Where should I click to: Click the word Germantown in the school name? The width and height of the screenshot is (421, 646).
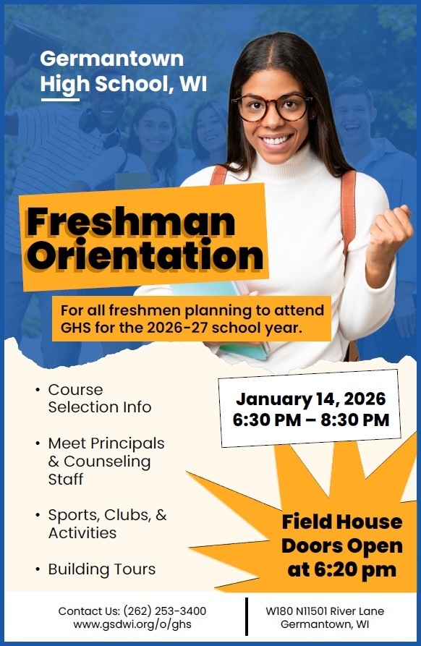(112, 59)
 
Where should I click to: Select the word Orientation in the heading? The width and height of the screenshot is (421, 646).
(145, 255)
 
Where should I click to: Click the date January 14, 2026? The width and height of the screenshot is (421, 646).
(310, 399)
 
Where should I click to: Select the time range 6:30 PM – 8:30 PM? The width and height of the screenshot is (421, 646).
(310, 420)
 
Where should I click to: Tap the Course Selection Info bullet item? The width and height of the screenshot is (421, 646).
(99, 399)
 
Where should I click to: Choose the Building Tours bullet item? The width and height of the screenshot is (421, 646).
(101, 569)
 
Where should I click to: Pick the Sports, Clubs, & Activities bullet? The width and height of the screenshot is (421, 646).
(106, 524)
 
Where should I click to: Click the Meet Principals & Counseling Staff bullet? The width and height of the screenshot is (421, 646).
(106, 461)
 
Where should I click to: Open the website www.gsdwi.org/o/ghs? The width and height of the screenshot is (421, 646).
(131, 624)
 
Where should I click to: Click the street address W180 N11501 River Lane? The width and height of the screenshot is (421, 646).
(325, 611)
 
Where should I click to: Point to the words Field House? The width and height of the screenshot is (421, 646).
(342, 522)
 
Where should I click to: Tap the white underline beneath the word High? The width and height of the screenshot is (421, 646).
(60, 99)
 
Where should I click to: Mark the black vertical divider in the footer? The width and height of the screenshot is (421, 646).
(247, 618)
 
